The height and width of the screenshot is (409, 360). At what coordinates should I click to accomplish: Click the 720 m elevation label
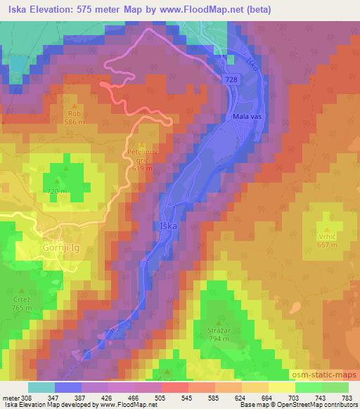tap(58, 191)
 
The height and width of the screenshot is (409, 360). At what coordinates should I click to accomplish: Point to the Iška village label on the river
tap(169, 226)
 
